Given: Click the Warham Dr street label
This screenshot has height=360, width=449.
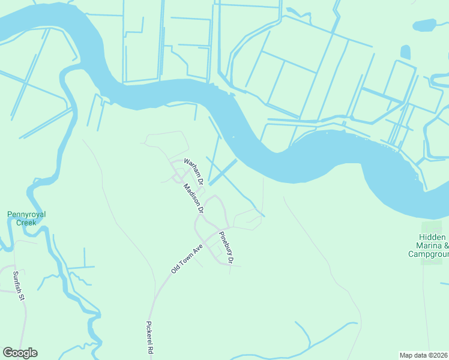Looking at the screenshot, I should point(194,171).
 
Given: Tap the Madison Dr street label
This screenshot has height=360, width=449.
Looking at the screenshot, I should point(193,198).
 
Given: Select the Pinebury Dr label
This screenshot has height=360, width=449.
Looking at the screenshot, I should point(226,247).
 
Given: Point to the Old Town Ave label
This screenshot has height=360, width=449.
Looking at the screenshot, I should point(185,259).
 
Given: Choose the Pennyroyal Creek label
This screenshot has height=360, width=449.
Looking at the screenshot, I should point(26,218).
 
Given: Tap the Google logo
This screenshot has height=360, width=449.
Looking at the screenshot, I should point(20,353).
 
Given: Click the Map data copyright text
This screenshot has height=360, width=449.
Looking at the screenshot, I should point(424,355).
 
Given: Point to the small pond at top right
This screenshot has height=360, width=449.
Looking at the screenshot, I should point(424,25).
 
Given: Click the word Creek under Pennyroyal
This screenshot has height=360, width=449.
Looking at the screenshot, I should point(26,223).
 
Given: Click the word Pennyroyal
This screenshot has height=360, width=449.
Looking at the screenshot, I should point(26,214).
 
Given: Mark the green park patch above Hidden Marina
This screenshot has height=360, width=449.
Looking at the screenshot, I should point(431,227).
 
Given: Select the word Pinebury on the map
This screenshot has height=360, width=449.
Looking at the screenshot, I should point(224,243).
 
